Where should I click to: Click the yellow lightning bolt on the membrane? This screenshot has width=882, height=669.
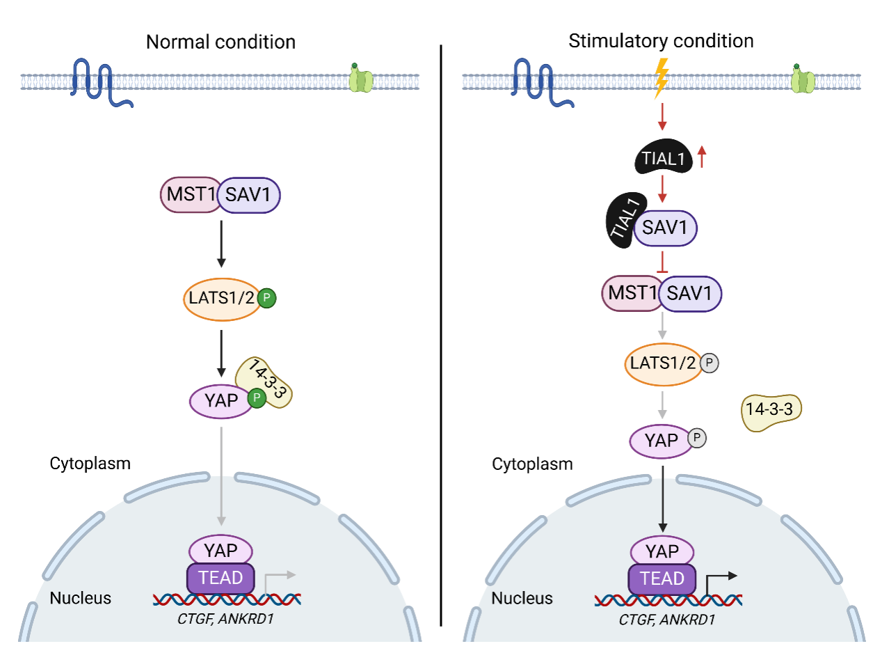point(661,77)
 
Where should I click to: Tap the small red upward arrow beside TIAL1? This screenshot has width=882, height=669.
point(702,157)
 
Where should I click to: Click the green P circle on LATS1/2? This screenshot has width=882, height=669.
point(266,298)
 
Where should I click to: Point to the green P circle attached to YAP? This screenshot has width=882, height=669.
point(257,398)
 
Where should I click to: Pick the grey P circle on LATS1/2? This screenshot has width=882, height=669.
point(709,363)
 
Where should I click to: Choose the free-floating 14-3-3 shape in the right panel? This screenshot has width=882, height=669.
point(771,411)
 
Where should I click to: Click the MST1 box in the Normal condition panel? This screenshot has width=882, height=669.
point(190,194)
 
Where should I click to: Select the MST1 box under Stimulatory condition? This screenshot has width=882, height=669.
point(631,293)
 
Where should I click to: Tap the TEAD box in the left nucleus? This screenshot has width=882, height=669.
point(220,578)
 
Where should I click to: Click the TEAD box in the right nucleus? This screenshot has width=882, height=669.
point(662,579)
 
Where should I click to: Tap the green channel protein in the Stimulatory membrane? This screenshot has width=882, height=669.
point(803,80)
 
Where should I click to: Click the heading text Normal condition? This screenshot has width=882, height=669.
point(220,42)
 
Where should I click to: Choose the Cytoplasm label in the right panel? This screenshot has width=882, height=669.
point(532,464)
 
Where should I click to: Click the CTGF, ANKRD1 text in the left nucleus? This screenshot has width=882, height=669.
point(225,618)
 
